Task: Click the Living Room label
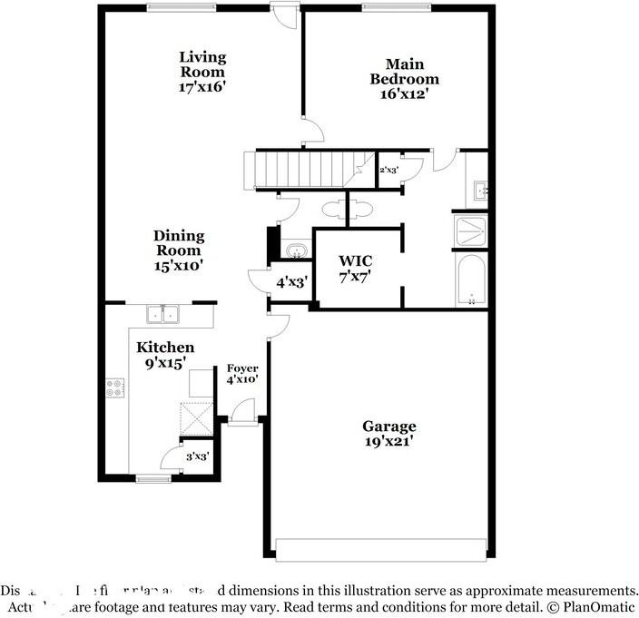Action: (x=202, y=64)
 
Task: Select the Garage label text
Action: (x=389, y=427)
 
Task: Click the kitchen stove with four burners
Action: (x=115, y=388)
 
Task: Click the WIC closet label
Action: (x=356, y=261)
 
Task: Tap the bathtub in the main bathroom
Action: (x=471, y=280)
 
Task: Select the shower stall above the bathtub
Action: (x=471, y=231)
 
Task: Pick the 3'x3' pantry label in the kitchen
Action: (x=198, y=456)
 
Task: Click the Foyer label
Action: (x=242, y=368)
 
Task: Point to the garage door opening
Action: (x=380, y=550)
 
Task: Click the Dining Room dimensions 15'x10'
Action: (x=179, y=266)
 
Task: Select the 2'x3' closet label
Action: (x=388, y=170)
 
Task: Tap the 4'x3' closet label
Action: (x=290, y=282)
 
